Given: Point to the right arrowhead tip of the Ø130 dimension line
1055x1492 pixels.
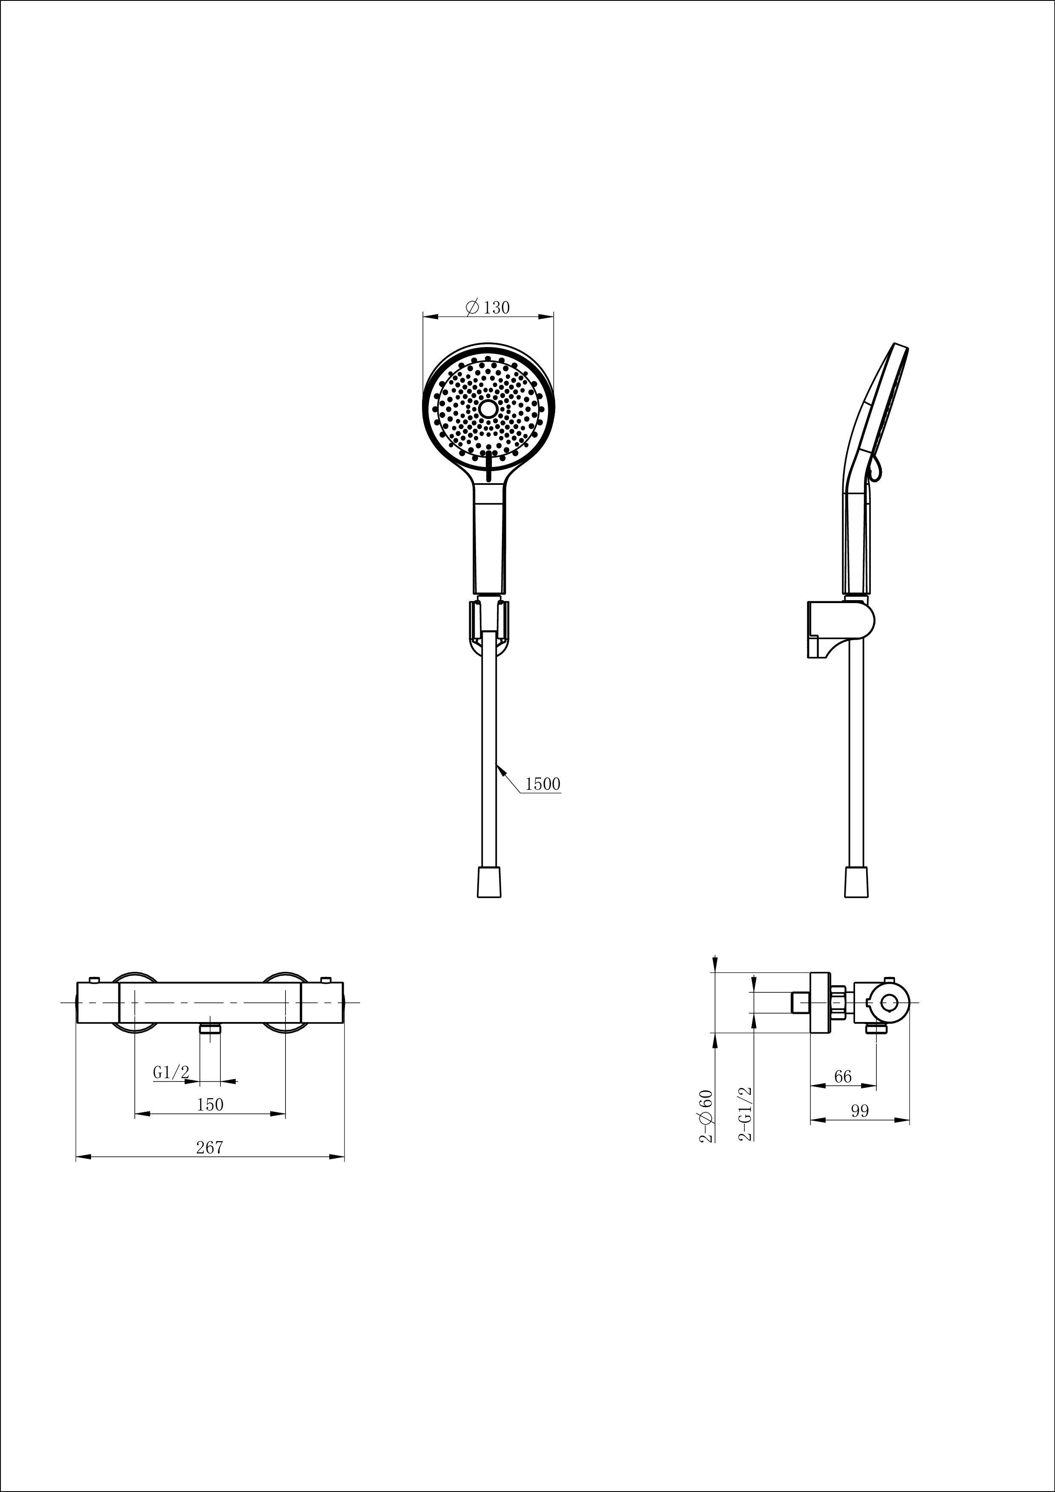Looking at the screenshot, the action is (554, 316).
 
